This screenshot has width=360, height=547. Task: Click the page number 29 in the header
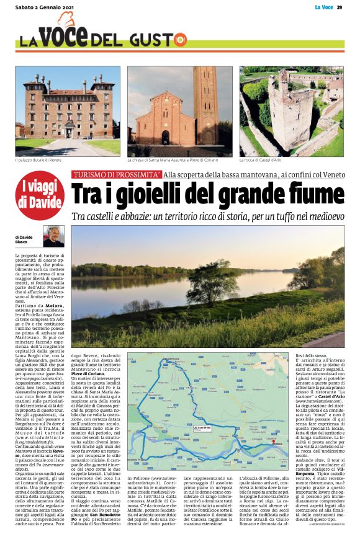(340, 7)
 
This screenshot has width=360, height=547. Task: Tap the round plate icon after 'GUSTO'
(179, 40)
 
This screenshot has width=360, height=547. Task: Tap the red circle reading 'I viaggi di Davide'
(39, 195)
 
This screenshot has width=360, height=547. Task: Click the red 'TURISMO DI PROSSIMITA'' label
(116, 176)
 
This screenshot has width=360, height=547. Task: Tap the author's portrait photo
(53, 236)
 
